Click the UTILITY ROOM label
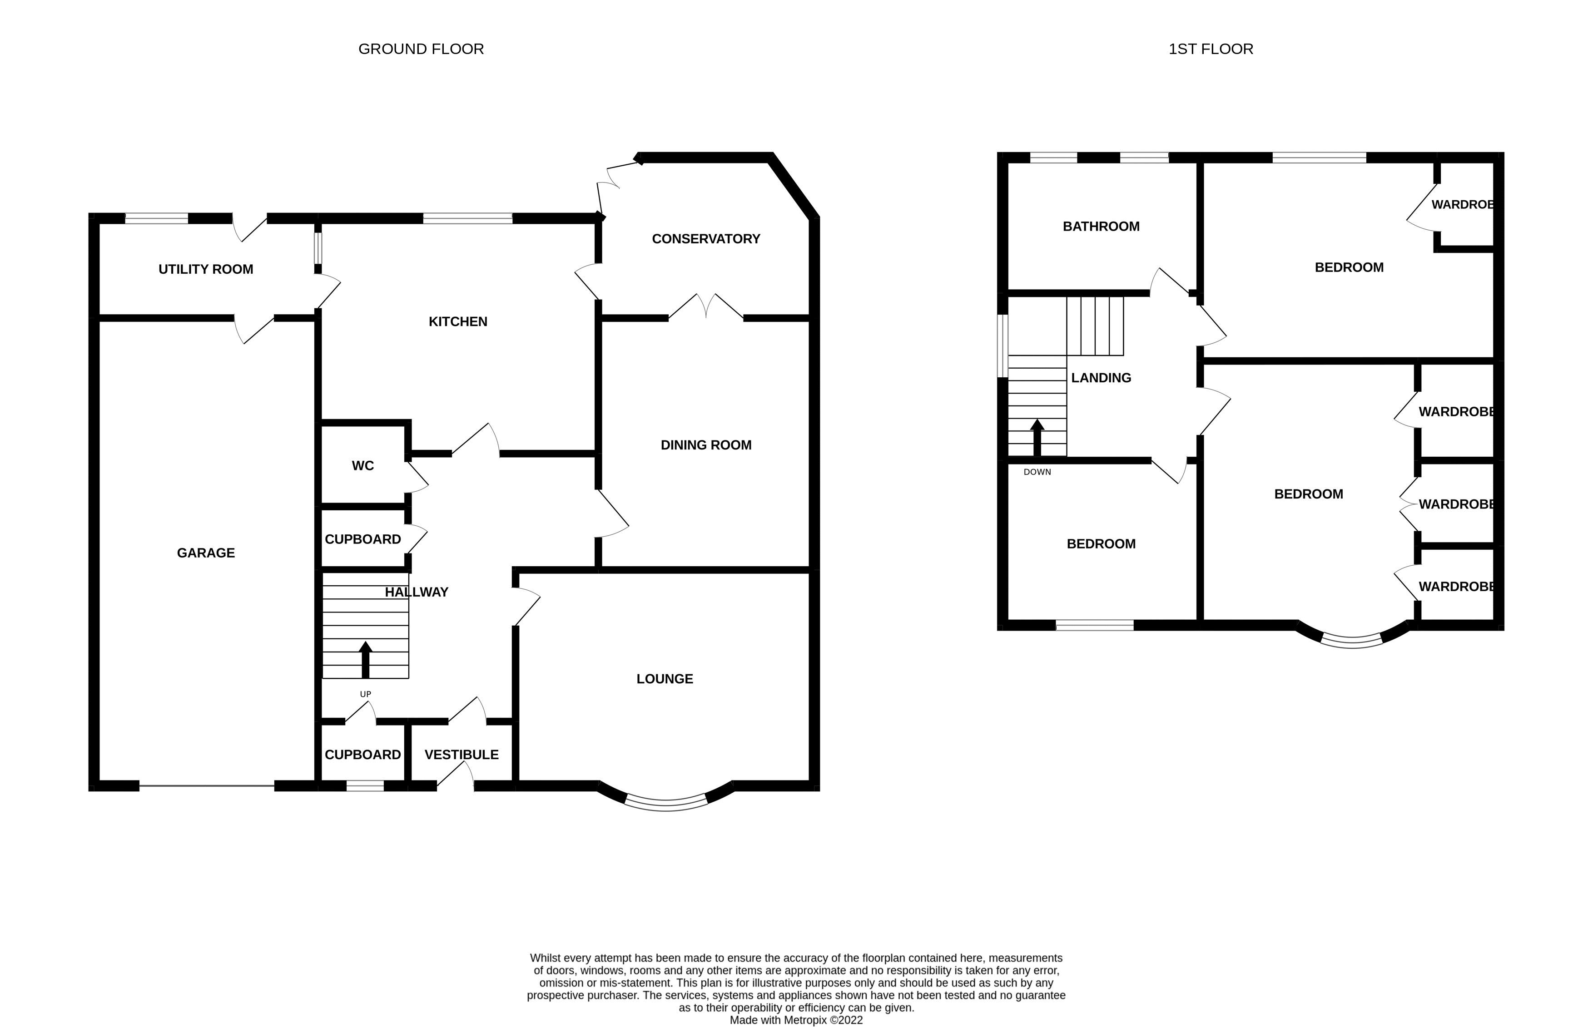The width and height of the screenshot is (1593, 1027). click(205, 269)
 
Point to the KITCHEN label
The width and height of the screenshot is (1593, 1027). click(457, 321)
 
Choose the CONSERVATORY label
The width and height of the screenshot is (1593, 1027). click(706, 239)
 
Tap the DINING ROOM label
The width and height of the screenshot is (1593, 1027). click(706, 445)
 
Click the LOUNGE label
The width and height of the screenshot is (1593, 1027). click(665, 679)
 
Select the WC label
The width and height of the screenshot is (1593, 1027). click(363, 465)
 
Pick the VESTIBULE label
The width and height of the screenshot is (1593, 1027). click(462, 754)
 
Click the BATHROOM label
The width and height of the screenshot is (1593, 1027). click(1101, 226)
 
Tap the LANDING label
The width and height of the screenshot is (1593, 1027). click(1101, 377)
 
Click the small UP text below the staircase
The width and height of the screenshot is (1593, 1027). click(366, 694)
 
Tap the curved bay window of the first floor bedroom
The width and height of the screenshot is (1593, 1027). click(1351, 642)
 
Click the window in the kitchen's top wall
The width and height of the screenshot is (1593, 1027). click(467, 218)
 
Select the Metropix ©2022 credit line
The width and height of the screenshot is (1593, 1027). click(796, 1020)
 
